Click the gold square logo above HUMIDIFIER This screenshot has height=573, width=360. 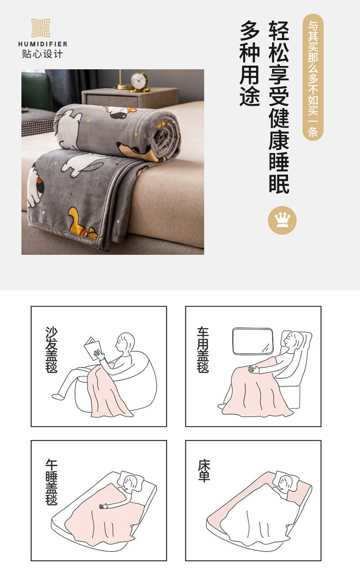pyautogui.click(x=41, y=28)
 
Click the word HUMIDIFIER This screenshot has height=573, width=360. pyautogui.click(x=43, y=44)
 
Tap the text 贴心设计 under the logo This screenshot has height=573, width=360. pyautogui.click(x=42, y=54)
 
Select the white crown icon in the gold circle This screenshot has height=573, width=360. pyautogui.click(x=282, y=220)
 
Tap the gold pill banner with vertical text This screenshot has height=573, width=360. pyautogui.click(x=313, y=77)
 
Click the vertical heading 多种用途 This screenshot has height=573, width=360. pyautogui.click(x=250, y=63)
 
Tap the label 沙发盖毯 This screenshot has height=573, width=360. pyautogui.click(x=51, y=350)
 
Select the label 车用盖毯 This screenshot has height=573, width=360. pyautogui.click(x=203, y=350)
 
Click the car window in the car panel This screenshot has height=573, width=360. pyautogui.click(x=252, y=341)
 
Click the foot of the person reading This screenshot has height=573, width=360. pyautogui.click(x=58, y=397)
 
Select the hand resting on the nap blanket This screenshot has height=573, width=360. pyautogui.click(x=103, y=506)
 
